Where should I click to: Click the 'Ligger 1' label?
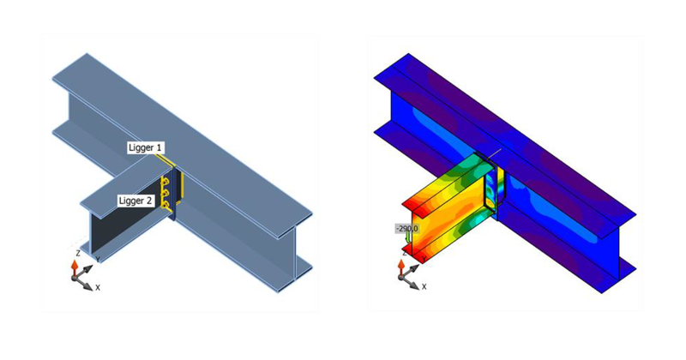click(147, 148)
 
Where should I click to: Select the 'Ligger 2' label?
click(135, 200)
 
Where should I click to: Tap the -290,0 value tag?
click(406, 229)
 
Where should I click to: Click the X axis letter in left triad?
click(98, 287)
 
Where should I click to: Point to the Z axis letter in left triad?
click(77, 254)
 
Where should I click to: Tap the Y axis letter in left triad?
click(97, 258)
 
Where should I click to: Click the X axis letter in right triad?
click(423, 287)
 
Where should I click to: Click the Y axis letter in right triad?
click(422, 258)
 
